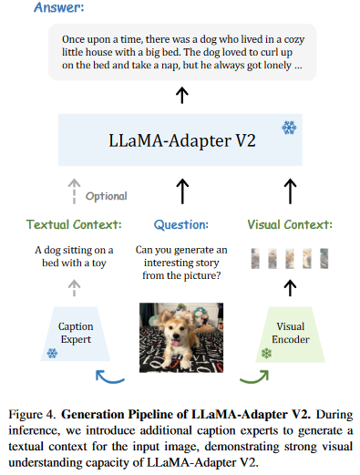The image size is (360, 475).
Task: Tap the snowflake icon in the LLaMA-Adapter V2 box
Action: click(x=288, y=128)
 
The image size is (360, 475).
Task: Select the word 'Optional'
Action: click(x=107, y=195)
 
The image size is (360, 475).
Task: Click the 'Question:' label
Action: click(x=181, y=224)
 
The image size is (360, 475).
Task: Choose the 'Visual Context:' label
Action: click(x=291, y=224)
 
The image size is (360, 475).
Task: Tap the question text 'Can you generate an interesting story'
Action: click(x=181, y=256)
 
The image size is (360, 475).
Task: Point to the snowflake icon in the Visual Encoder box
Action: click(x=266, y=352)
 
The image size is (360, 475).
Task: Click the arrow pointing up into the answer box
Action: click(x=181, y=94)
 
